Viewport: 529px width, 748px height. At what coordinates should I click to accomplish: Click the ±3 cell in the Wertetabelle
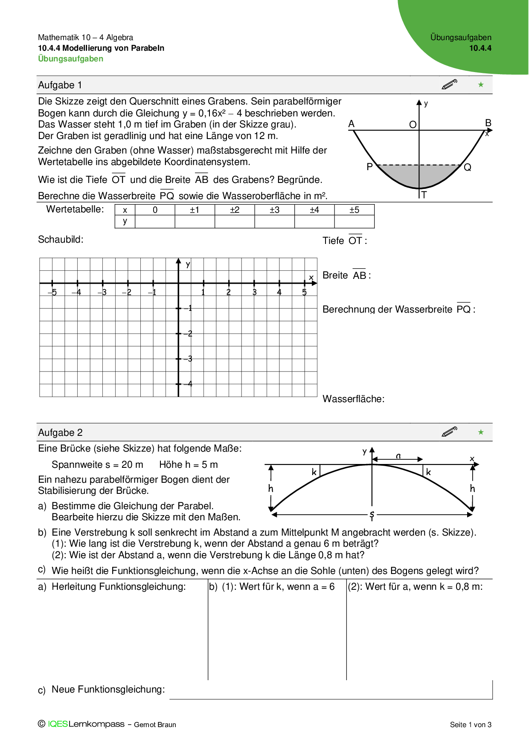point(274,210)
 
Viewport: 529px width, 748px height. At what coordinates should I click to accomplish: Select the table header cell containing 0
point(155,210)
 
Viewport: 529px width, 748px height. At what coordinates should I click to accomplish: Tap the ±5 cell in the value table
point(354,210)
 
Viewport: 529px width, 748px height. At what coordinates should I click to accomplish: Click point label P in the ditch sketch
point(369,167)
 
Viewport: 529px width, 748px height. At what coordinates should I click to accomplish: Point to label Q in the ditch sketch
point(468,168)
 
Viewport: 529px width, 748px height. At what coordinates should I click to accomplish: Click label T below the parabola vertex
point(424,195)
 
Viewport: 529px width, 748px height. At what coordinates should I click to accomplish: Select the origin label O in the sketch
point(413,125)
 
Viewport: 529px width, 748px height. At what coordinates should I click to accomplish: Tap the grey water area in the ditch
point(418,176)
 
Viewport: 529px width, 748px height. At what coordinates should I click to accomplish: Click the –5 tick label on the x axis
point(52,293)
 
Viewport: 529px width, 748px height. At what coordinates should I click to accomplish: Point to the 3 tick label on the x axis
point(254,293)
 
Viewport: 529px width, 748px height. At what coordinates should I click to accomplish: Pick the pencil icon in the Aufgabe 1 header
point(449,84)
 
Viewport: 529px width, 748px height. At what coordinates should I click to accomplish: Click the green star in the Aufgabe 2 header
point(481,432)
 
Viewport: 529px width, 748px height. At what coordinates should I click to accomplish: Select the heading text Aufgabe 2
point(60,432)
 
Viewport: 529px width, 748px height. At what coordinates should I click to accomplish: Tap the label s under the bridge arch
point(372,515)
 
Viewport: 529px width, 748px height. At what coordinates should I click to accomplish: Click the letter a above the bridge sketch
point(398,456)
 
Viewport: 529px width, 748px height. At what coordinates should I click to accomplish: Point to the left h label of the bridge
point(270,488)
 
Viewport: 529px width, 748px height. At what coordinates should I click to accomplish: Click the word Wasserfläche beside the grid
point(353,399)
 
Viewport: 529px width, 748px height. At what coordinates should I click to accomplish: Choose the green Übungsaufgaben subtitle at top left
point(70,59)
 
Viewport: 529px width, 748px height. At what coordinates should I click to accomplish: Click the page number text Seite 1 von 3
point(471,725)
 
